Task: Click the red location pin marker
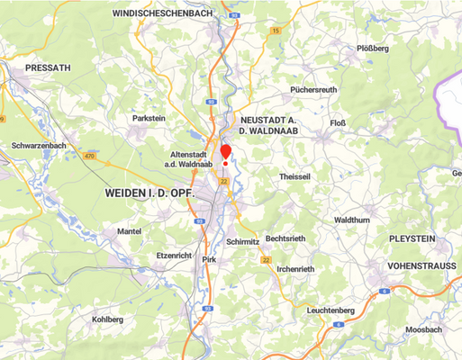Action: pos(225,151)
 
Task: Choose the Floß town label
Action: pos(338,123)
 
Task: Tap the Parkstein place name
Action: pos(149,117)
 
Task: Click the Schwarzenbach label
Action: pos(39,145)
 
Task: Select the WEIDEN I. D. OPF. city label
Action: pos(149,193)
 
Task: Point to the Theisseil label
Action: pos(294,177)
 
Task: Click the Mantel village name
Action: pos(130,231)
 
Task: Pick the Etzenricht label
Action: pos(175,256)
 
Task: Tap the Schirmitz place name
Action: pos(244,242)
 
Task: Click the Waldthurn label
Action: pos(351,220)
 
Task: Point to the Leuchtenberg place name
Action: pos(331,310)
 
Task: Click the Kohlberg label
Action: pos(107,319)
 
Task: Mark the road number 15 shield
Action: pos(275,31)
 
